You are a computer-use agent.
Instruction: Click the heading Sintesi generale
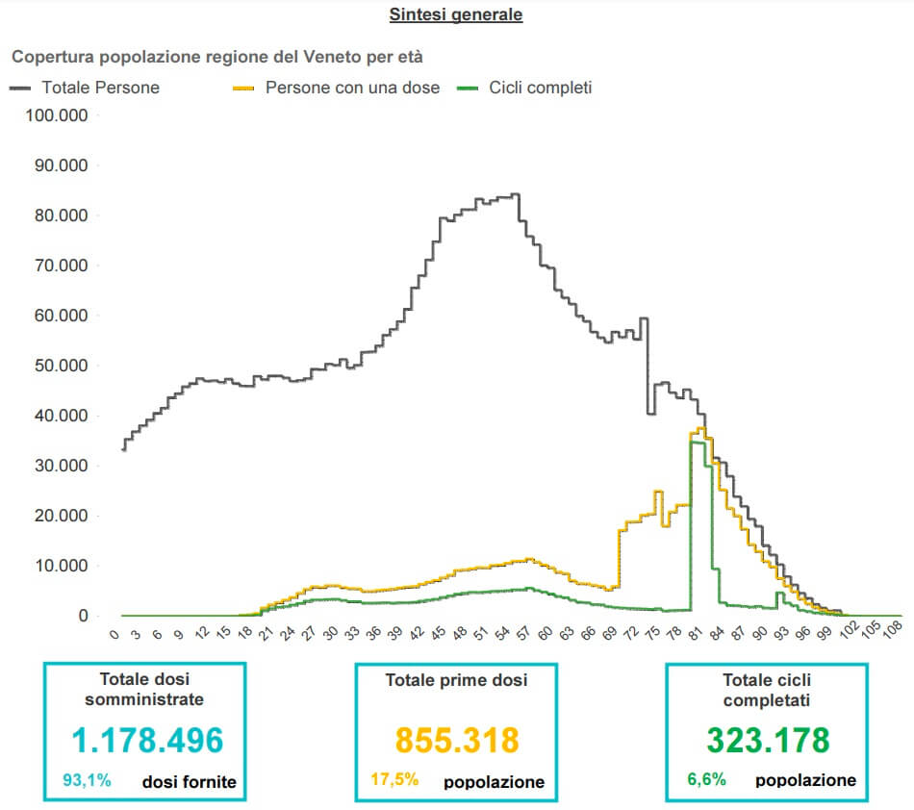tap(456, 14)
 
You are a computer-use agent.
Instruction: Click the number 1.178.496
tap(148, 740)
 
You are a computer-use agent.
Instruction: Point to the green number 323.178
tap(768, 740)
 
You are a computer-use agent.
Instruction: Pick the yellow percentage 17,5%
tap(394, 780)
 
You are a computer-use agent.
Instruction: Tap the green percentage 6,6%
tap(705, 780)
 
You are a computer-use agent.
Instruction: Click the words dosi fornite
tap(189, 782)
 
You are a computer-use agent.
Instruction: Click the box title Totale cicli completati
tap(768, 690)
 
